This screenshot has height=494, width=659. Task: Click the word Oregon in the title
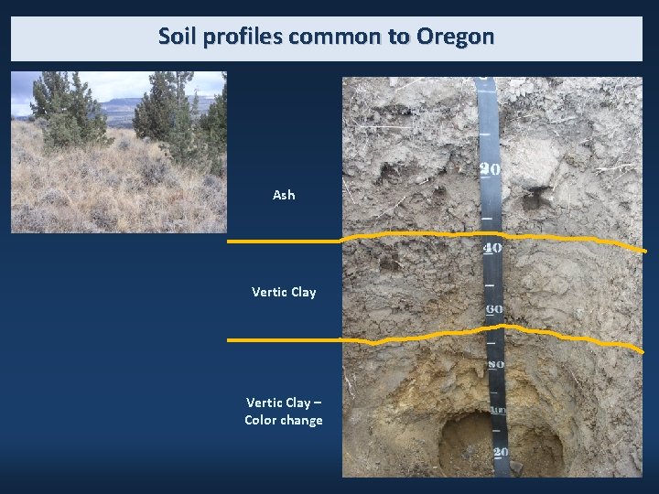455,38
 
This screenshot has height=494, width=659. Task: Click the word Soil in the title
177,38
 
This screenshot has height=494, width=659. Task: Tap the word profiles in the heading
239,38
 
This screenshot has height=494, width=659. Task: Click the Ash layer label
284,195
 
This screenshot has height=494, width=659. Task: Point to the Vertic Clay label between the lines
284,292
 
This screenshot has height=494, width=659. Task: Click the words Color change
284,421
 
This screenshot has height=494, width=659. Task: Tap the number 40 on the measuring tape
492,248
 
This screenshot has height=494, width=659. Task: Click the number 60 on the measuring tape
494,309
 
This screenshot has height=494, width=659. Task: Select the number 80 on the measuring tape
496,365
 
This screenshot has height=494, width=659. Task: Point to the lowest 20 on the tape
501,452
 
